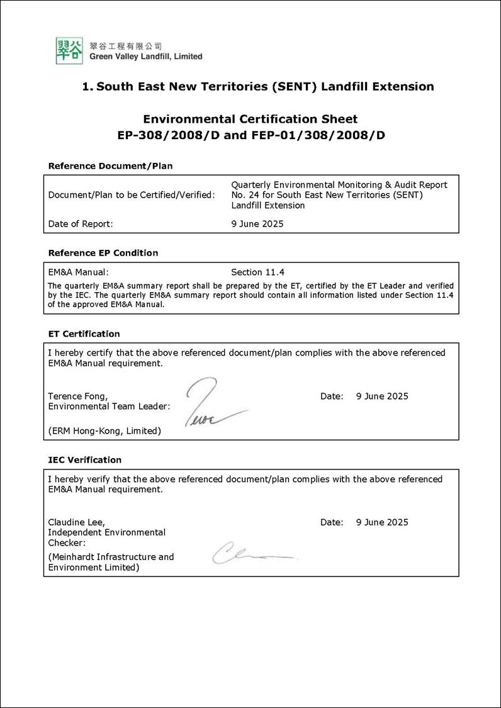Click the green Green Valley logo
69,50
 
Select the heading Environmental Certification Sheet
250,119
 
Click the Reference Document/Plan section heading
110,166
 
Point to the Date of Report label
81,223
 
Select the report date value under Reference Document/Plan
257,223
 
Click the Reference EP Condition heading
103,253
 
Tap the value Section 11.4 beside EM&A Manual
257,273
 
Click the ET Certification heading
84,334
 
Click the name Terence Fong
77,396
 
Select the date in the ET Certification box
382,396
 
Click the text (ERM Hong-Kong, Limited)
104,431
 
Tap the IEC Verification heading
85,460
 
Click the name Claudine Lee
76,522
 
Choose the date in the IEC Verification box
382,522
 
